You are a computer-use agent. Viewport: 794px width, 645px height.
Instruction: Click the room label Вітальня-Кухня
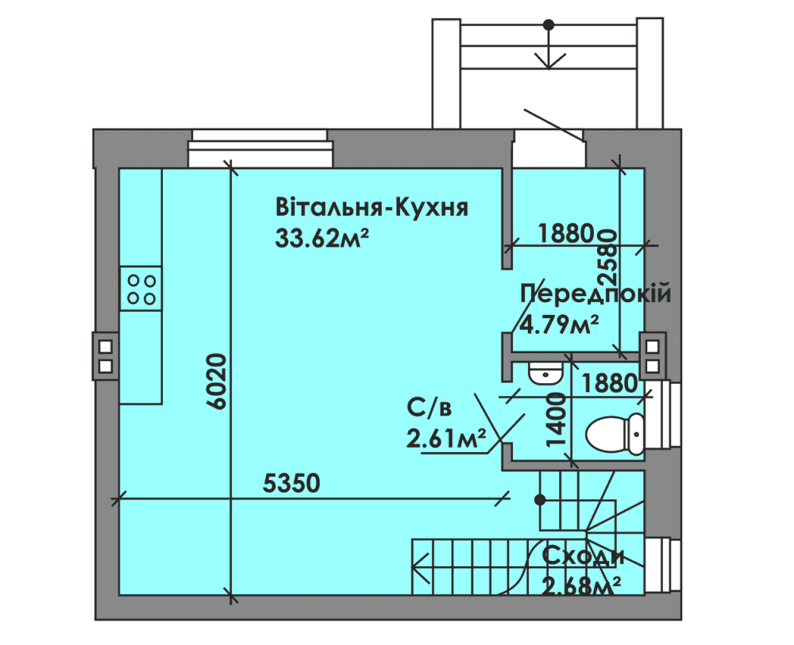pyautogui.click(x=372, y=207)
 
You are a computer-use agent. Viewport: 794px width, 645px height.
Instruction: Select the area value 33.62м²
pyautogui.click(x=322, y=238)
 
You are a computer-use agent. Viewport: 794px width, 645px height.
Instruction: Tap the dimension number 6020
pyautogui.click(x=218, y=382)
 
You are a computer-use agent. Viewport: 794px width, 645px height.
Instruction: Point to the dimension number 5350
pyautogui.click(x=291, y=483)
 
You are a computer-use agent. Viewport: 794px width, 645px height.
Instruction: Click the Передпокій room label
pyautogui.click(x=595, y=294)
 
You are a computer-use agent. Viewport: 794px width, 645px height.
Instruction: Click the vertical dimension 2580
pyautogui.click(x=607, y=258)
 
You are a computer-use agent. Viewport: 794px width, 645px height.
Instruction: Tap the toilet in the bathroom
pyautogui.click(x=615, y=434)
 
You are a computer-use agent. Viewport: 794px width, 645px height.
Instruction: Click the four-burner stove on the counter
pyautogui.click(x=141, y=289)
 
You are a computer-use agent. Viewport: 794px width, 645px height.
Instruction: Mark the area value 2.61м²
pyautogui.click(x=446, y=438)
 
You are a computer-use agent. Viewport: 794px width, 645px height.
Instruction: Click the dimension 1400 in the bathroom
pyautogui.click(x=557, y=420)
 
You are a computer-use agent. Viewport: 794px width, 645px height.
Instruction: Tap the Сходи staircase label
pyautogui.click(x=583, y=556)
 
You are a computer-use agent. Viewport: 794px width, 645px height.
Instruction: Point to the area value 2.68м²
pyautogui.click(x=581, y=586)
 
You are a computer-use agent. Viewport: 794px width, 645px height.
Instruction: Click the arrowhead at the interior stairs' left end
pyautogui.click(x=420, y=567)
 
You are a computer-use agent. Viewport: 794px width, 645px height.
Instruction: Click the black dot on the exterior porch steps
pyautogui.click(x=549, y=25)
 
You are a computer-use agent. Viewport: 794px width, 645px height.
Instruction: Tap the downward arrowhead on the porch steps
pyautogui.click(x=549, y=62)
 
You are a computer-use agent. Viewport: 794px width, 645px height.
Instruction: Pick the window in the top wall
pyautogui.click(x=260, y=148)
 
